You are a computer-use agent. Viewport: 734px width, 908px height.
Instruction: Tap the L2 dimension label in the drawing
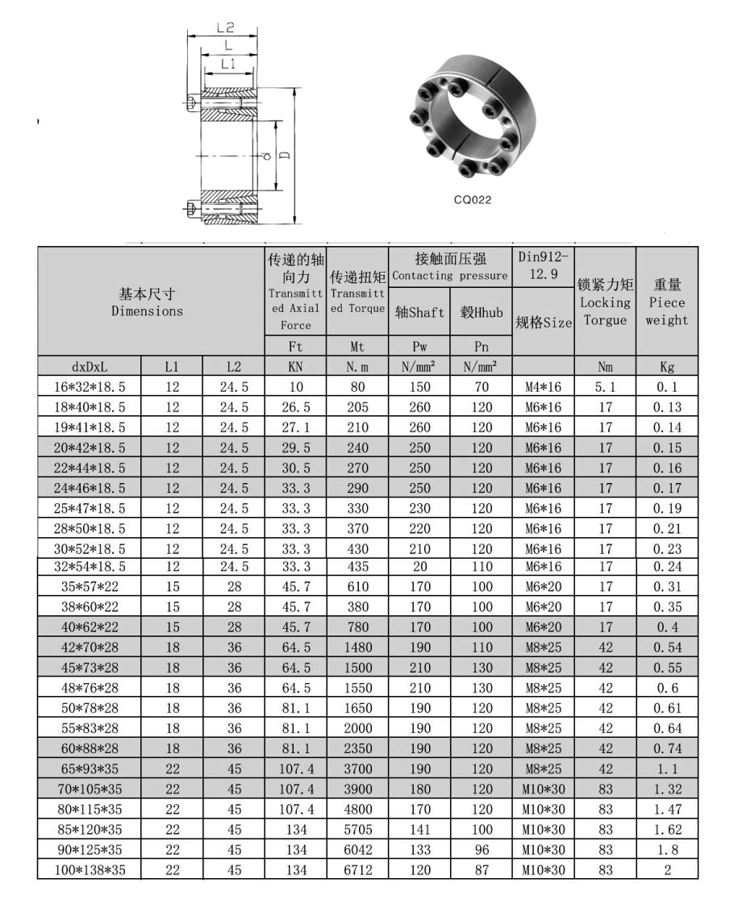tap(225, 27)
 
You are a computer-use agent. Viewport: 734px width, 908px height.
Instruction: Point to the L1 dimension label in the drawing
tap(228, 65)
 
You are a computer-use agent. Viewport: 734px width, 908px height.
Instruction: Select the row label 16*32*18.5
tap(90, 387)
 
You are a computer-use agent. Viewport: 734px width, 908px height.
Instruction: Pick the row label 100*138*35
tap(90, 869)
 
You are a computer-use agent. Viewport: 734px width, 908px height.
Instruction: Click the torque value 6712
tap(358, 869)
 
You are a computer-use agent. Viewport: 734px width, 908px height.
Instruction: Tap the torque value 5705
tap(358, 829)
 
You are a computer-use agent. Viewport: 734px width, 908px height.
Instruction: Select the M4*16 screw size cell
tap(543, 387)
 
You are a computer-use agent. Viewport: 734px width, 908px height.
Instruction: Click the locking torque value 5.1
tap(605, 387)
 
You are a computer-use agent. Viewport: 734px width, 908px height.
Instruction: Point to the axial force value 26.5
tap(296, 407)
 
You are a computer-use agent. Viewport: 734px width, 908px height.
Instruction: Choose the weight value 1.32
tap(667, 789)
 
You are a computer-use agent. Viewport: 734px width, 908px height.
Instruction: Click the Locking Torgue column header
tap(605, 302)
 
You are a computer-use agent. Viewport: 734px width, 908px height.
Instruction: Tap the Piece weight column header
tap(667, 302)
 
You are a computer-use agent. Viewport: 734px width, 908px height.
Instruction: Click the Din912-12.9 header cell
tap(543, 265)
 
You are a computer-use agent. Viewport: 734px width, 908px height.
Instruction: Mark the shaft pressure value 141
tap(419, 829)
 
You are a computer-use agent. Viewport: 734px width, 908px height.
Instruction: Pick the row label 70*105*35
tap(90, 789)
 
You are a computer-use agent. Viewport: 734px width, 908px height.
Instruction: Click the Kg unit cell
tap(667, 367)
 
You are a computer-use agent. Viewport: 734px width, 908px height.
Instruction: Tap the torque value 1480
tap(358, 648)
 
